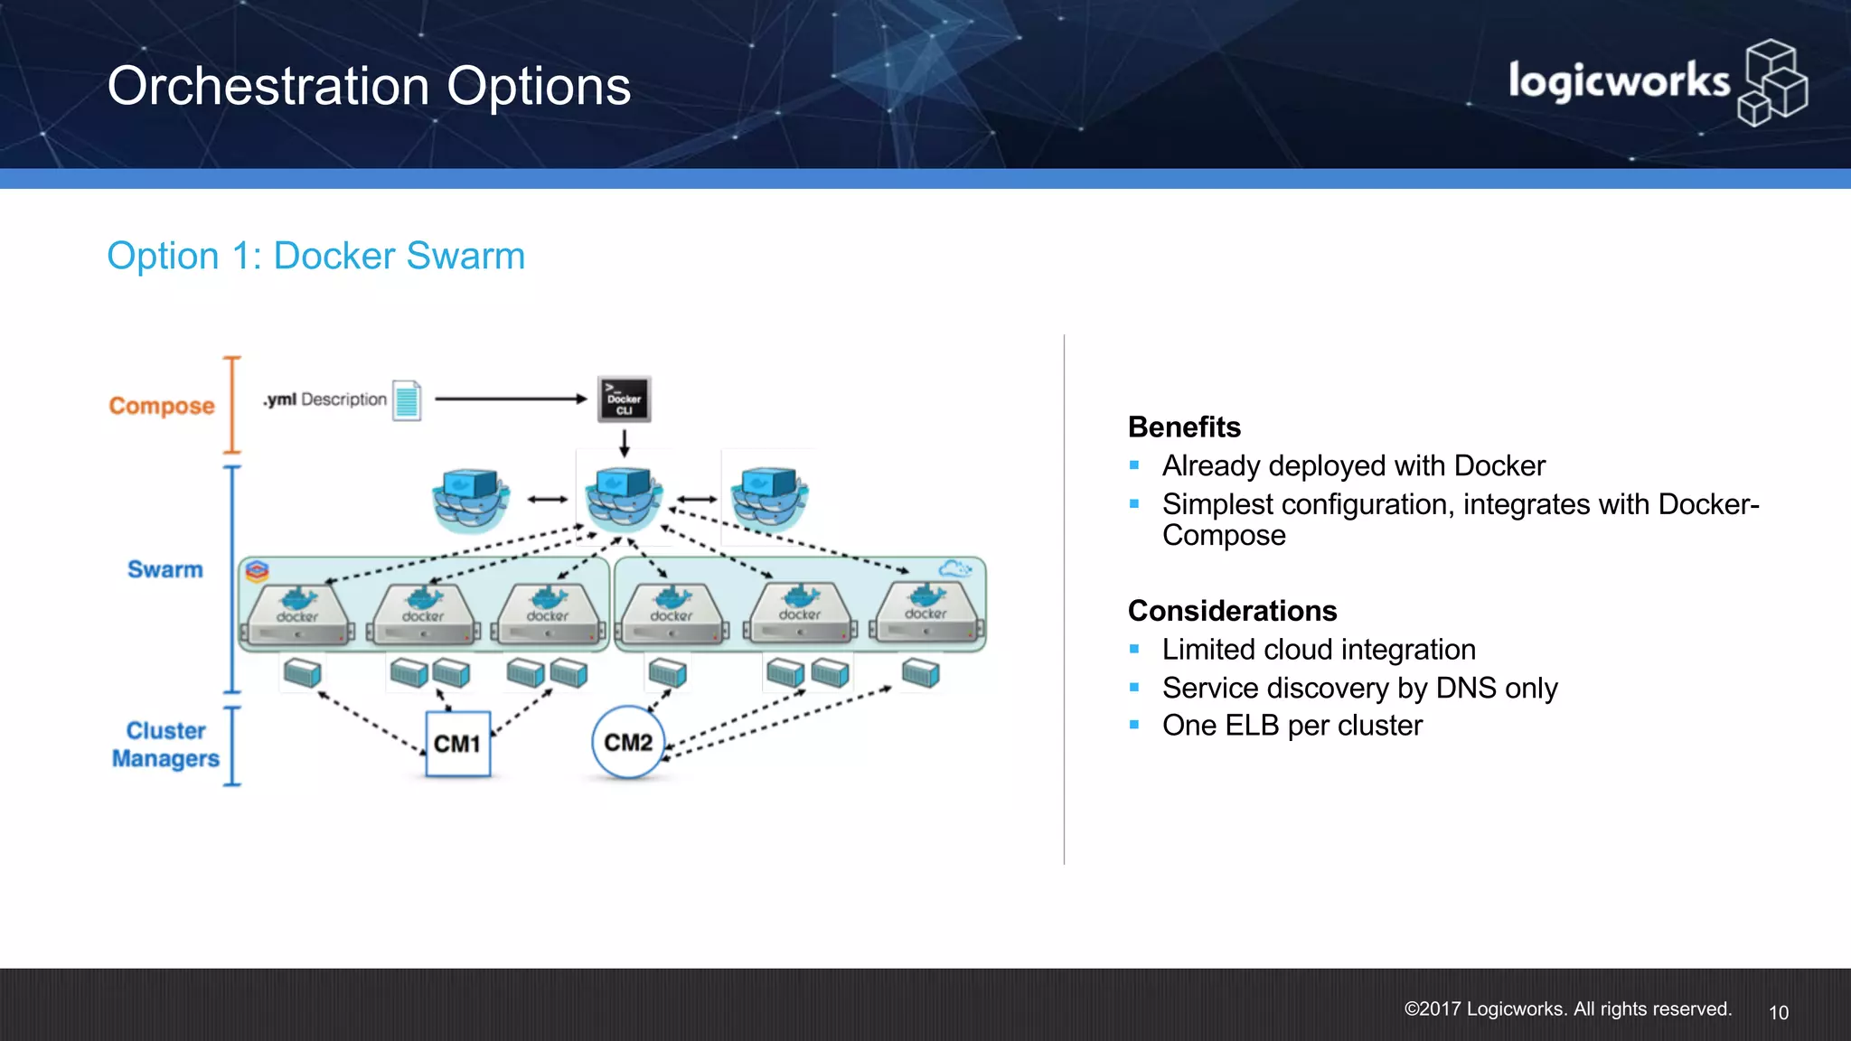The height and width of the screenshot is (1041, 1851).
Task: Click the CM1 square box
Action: coord(457,744)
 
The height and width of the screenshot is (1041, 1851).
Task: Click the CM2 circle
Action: coord(628,743)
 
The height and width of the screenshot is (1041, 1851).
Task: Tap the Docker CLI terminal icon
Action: coord(624,399)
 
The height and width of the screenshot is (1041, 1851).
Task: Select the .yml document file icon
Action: coord(407,399)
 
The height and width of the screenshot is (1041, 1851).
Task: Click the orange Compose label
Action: coord(162,406)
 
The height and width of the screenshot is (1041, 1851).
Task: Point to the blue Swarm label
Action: coord(165,569)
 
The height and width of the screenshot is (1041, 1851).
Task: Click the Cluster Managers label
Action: coord(165,745)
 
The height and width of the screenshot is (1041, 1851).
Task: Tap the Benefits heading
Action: coord(1184,427)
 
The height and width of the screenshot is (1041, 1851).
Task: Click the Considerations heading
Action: coord(1232,611)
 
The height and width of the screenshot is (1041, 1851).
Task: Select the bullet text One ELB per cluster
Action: coord(1292,726)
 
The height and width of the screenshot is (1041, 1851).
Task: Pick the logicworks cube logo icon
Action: coord(1772,82)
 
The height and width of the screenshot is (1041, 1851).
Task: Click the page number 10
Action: coord(1778,1013)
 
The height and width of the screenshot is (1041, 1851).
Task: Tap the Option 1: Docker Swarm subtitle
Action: coord(315,256)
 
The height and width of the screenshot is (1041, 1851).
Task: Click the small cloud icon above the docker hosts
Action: coord(954,569)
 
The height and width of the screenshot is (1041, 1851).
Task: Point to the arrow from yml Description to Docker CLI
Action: coord(511,399)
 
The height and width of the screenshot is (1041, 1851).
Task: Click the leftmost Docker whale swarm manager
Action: coord(470,498)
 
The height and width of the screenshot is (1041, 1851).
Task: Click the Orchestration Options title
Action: coord(369,87)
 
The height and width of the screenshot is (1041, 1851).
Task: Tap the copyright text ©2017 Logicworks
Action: coord(1567,1009)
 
